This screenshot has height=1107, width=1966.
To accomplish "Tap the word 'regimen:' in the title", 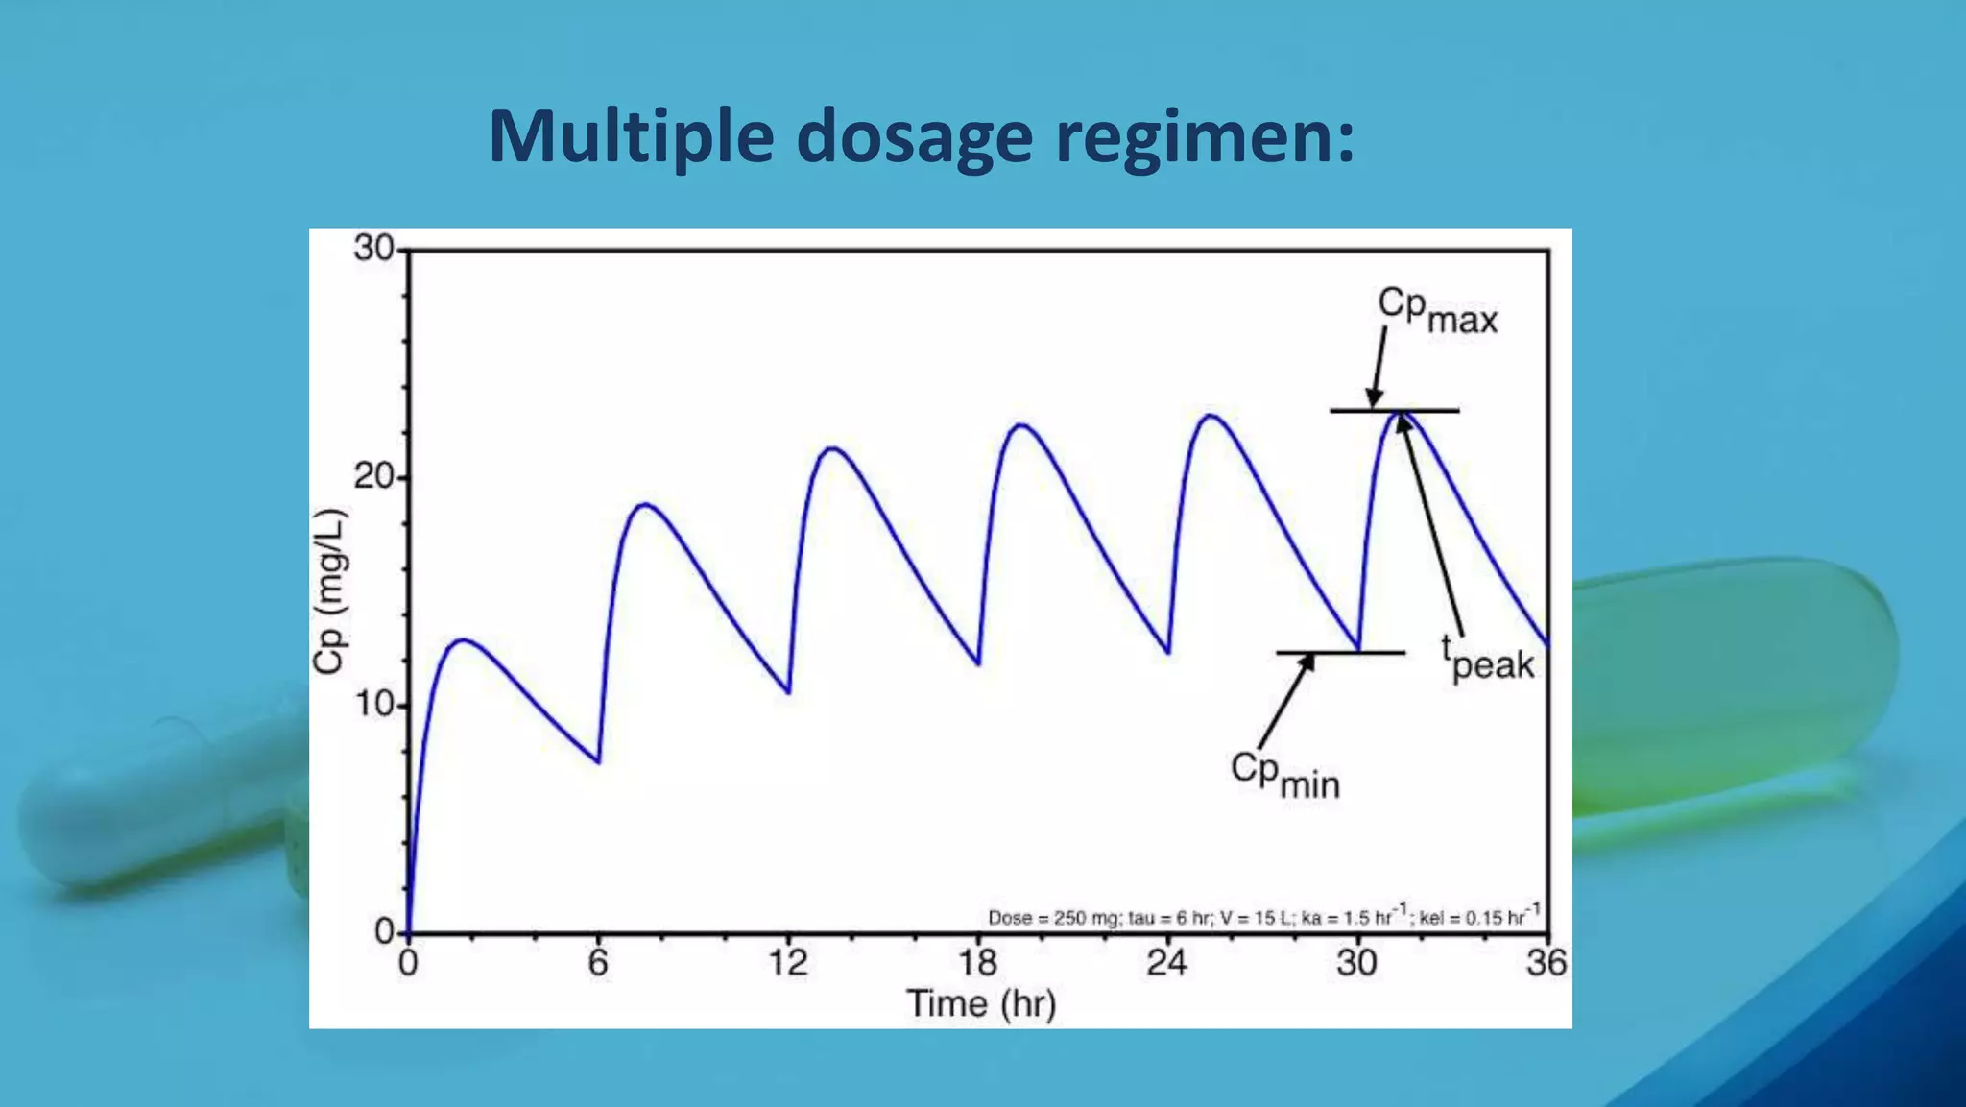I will pos(1205,137).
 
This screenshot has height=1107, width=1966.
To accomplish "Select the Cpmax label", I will pos(1437,310).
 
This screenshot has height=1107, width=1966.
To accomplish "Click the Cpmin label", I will pos(1284,774).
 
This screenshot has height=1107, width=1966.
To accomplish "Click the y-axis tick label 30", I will pos(373,249).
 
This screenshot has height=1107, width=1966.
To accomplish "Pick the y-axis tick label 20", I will pos(373,476).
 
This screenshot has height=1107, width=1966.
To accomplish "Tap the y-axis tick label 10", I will pos(373,705).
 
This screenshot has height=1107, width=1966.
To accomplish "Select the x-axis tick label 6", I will pos(597,962).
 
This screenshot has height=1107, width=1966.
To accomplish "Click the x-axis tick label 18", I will pos(977,962).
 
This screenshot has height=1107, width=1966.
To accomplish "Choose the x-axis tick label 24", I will pos(1166,962).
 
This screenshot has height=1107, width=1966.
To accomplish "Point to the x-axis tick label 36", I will pos(1546,962).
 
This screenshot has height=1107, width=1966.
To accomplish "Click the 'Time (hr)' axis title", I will pos(980,1004).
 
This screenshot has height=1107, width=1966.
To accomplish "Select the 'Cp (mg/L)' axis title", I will pos(329,591).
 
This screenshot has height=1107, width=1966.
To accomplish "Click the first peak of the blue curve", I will pos(463,639).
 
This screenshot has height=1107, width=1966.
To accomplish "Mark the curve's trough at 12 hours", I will pos(788,692).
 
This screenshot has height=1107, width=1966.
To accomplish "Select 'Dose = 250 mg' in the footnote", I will pos(1052,918).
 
